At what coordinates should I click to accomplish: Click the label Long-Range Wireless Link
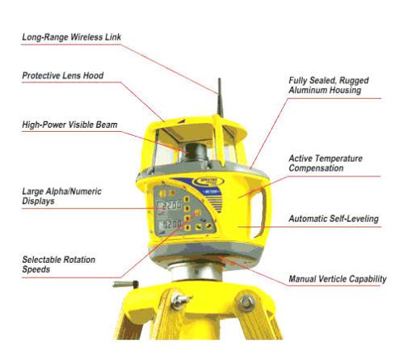(71, 37)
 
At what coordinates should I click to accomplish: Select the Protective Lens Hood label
(63, 75)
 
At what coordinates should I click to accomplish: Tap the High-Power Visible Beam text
(69, 125)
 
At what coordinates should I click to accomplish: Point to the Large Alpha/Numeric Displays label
(61, 196)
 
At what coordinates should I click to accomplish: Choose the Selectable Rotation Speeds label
(59, 265)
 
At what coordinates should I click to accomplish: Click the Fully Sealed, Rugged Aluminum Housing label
(329, 85)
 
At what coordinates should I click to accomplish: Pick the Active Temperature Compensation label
(326, 163)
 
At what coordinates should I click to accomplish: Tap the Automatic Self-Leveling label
(334, 218)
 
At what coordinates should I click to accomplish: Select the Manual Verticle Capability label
(338, 279)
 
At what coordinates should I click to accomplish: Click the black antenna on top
(220, 98)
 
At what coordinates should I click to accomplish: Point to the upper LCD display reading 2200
(170, 206)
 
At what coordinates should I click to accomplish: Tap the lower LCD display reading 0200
(170, 224)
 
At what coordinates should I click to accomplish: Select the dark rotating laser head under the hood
(195, 153)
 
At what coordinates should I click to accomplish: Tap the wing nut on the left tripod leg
(180, 300)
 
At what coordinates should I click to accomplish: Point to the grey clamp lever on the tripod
(126, 284)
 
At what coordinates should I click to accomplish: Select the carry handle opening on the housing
(259, 213)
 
